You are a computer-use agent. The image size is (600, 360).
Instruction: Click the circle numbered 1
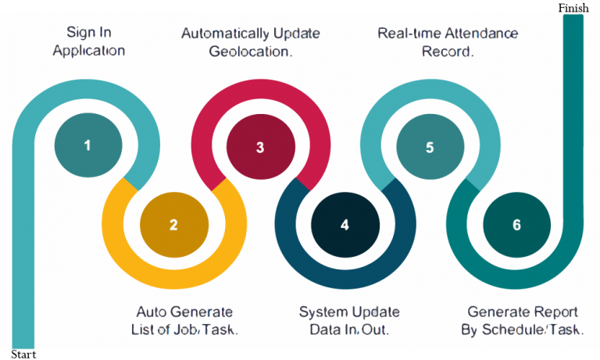(88, 145)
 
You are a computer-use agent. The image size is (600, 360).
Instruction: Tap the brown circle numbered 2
(173, 225)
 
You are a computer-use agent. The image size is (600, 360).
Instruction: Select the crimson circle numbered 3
(260, 147)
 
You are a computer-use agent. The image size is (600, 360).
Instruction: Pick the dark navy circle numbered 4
(345, 225)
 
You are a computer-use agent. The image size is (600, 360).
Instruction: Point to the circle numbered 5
(430, 147)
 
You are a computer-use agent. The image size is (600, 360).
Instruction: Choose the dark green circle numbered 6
(516, 225)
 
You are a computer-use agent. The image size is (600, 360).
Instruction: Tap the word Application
(89, 51)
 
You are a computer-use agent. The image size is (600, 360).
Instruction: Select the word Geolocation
(251, 52)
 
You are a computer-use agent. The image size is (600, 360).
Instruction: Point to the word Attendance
(481, 34)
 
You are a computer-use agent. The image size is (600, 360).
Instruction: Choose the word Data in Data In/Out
(324, 330)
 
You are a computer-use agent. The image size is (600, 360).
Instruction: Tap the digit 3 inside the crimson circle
(260, 147)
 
